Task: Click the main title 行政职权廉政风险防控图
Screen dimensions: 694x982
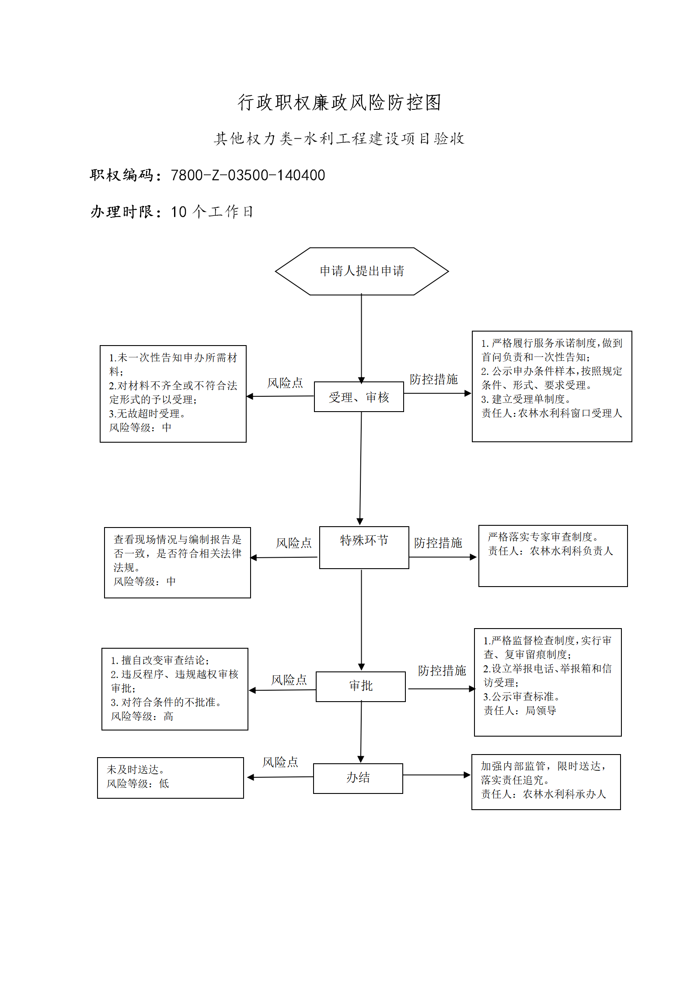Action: coord(339,102)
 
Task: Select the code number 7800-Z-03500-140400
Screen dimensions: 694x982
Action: coord(248,175)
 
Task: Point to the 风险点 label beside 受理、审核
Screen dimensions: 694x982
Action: coord(285,383)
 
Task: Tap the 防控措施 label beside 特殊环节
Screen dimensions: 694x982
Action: coord(438,543)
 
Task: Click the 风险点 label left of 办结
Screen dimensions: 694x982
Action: coord(280,762)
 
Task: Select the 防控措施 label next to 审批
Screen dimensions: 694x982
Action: coord(442,671)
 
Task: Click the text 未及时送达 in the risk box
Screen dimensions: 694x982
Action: coord(133,769)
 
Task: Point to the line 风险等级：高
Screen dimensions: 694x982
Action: coord(142,716)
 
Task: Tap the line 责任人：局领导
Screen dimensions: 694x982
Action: coord(520,710)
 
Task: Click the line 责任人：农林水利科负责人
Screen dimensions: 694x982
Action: coord(551,551)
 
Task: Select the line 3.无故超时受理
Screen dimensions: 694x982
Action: coord(147,413)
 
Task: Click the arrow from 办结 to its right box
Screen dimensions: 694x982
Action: coord(437,775)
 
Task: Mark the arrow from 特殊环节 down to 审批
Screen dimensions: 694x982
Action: coord(361,620)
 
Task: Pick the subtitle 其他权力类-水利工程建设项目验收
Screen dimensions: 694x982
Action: coord(339,139)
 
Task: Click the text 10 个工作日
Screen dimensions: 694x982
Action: coord(212,212)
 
